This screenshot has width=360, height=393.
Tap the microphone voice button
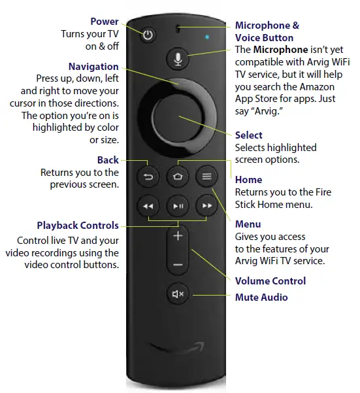(x=177, y=59)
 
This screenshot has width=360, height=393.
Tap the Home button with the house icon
(x=177, y=176)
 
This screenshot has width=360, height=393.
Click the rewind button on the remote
(x=147, y=206)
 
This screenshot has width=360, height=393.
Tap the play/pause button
(x=177, y=206)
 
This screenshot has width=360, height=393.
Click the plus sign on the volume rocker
(x=177, y=236)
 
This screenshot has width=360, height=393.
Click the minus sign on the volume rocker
(x=177, y=265)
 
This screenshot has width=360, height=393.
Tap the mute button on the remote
(x=177, y=294)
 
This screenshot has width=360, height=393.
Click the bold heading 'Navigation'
(x=93, y=66)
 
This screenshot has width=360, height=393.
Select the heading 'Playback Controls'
(x=78, y=225)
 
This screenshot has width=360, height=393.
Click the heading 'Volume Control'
(x=270, y=281)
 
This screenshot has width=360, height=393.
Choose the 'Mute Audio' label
(x=261, y=298)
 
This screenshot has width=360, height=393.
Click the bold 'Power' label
(x=105, y=22)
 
